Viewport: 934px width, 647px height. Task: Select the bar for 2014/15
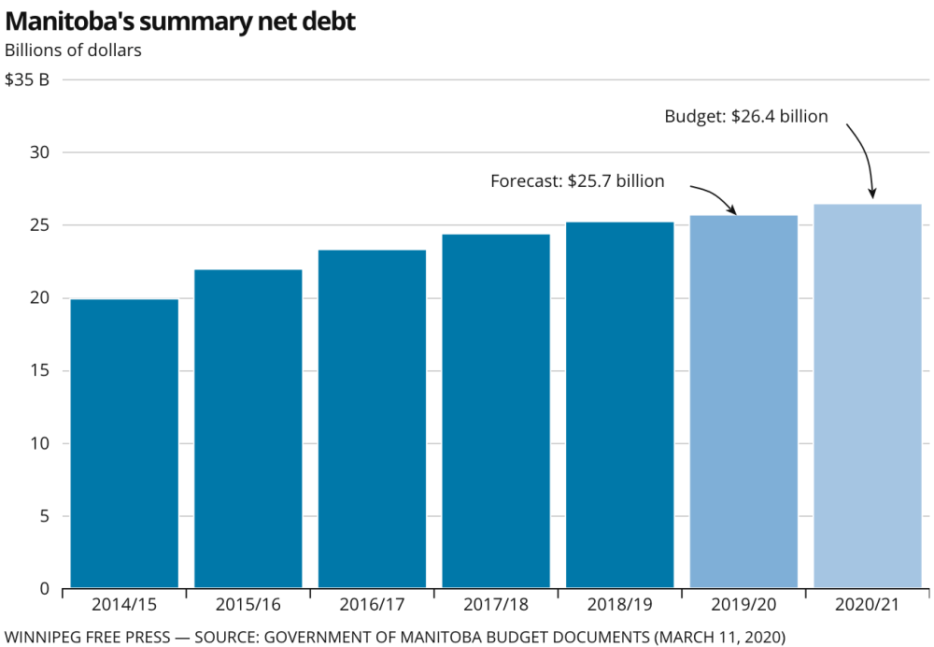pos(124,443)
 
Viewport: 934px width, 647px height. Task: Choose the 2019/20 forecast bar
pos(743,401)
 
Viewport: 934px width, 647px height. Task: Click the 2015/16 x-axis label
pos(248,605)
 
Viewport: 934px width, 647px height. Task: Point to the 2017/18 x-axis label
pos(495,605)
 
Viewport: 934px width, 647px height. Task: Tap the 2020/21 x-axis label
pos(867,605)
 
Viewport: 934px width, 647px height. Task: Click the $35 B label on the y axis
pos(27,79)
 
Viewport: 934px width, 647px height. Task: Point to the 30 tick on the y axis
pos(39,152)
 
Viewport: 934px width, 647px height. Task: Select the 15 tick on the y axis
pos(39,370)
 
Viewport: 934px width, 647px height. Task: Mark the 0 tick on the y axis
pos(44,589)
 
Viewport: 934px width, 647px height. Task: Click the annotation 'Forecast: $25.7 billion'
pos(577,180)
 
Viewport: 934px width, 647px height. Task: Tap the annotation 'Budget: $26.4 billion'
pos(746,116)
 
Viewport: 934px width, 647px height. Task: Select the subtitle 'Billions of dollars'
pos(73,50)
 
